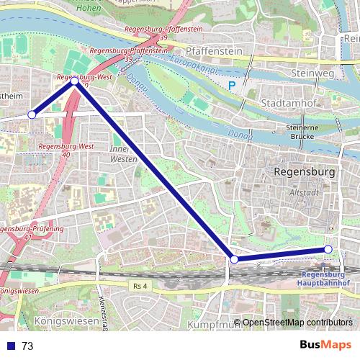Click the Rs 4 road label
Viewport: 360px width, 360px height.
[x=140, y=286]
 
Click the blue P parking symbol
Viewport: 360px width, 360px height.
[x=232, y=86]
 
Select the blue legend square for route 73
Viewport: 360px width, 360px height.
[x=11, y=346]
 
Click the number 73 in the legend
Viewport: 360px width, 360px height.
[x=27, y=346]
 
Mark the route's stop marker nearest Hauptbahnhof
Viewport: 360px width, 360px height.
[x=328, y=249]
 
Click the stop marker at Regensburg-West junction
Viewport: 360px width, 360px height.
[x=75, y=81]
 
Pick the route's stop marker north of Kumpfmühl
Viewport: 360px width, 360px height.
[x=233, y=258]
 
